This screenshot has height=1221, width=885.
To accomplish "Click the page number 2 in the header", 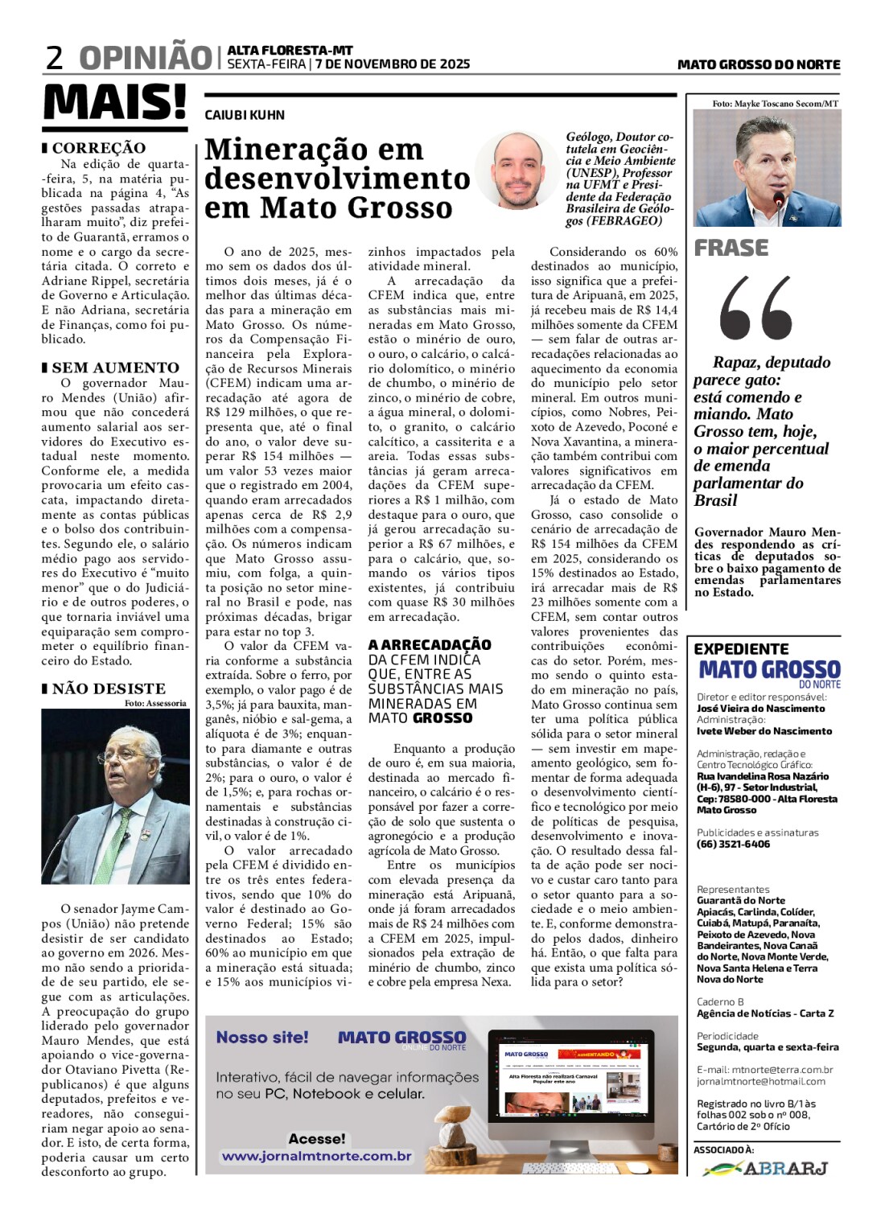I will click(x=55, y=58).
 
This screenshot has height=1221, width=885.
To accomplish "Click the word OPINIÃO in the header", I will click(x=146, y=58).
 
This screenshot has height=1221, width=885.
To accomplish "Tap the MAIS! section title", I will click(x=114, y=103).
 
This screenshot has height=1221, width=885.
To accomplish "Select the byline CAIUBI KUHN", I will click(x=245, y=115).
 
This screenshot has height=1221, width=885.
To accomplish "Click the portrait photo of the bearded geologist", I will click(x=516, y=171).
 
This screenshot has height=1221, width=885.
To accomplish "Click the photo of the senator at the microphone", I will click(x=115, y=796).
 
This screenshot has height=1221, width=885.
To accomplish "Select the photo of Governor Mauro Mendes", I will click(x=767, y=167).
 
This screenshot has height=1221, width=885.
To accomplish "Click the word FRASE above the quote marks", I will click(x=731, y=248).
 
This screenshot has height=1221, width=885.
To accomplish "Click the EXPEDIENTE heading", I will click(x=741, y=649).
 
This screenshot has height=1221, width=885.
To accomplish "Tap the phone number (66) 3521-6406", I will click(x=733, y=844).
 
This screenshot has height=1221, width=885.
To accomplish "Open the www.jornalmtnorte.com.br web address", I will click(x=316, y=1156).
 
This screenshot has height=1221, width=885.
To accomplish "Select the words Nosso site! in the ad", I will click(x=262, y=1038).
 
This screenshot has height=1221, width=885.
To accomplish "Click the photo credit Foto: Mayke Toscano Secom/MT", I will click(x=775, y=104).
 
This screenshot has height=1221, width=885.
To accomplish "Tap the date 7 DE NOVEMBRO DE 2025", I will click(x=393, y=64).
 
